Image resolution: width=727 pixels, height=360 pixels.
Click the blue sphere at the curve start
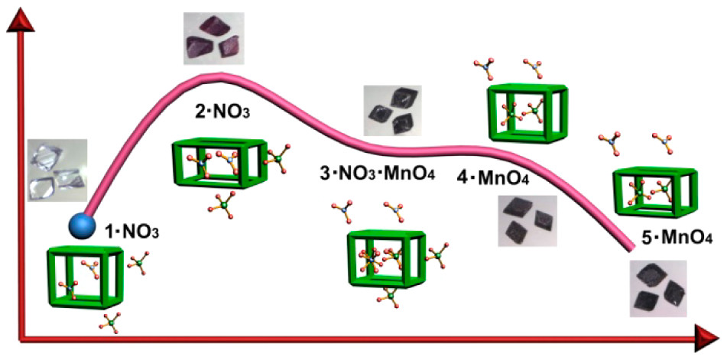82,226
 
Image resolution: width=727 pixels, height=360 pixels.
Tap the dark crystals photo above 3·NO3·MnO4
392,110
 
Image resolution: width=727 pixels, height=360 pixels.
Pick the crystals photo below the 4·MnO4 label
527,221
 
